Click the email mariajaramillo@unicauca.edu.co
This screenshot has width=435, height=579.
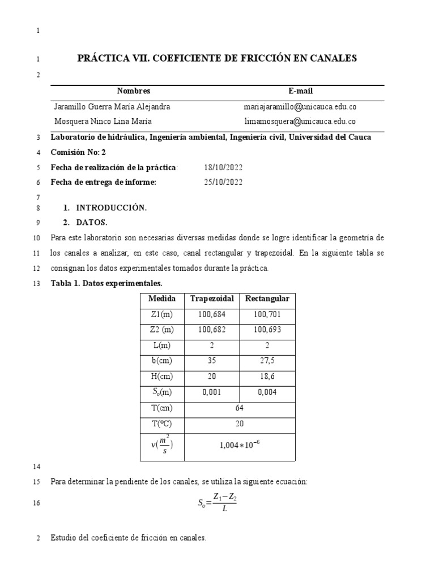300,107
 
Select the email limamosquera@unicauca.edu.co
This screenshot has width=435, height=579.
300,122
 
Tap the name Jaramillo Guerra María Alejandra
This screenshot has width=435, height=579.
112,107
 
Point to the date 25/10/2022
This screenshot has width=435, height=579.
223,182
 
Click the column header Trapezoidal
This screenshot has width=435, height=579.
212,299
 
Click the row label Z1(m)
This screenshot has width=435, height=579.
162,314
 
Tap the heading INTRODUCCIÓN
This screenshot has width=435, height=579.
111,208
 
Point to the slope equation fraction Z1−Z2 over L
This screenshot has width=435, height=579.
224,502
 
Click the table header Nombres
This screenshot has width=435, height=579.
134,91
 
